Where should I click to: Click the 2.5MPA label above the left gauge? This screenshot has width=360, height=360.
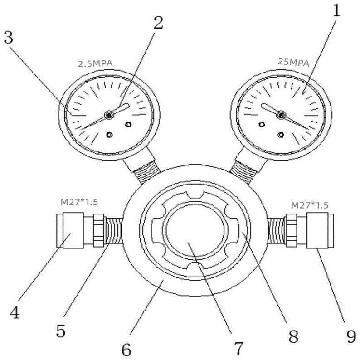tap(95, 63)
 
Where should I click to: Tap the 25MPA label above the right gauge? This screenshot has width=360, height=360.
tap(293, 62)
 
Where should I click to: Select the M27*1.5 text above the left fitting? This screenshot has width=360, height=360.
tap(79, 202)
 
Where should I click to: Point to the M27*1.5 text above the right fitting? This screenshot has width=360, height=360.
tap(310, 205)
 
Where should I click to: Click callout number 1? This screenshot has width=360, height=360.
tap(336, 10)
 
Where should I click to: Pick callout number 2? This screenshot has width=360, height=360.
tap(158, 23)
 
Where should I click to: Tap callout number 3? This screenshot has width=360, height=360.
tap(9, 37)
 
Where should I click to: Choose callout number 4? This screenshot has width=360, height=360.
tap(15, 312)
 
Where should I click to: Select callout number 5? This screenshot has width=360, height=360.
tap(61, 331)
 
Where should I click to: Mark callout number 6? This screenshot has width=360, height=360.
tap(126, 350)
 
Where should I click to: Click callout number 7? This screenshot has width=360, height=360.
tap(239, 348)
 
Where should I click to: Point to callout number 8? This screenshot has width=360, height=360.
tap(293, 336)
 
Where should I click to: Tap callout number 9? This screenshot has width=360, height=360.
tap(351, 337)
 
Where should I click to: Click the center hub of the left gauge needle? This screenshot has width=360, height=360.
tap(109, 115)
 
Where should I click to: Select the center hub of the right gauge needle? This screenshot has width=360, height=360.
tap(281, 115)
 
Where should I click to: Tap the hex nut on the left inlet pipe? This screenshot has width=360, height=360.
tap(99, 230)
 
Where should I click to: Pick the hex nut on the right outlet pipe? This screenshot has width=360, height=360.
tap(292, 230)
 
